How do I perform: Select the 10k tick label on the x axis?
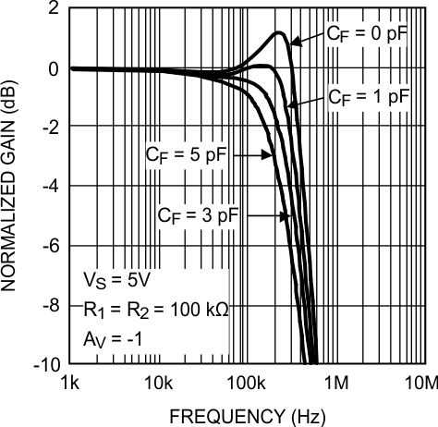159,383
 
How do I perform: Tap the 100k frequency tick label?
246,383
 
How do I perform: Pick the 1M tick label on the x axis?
335,383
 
